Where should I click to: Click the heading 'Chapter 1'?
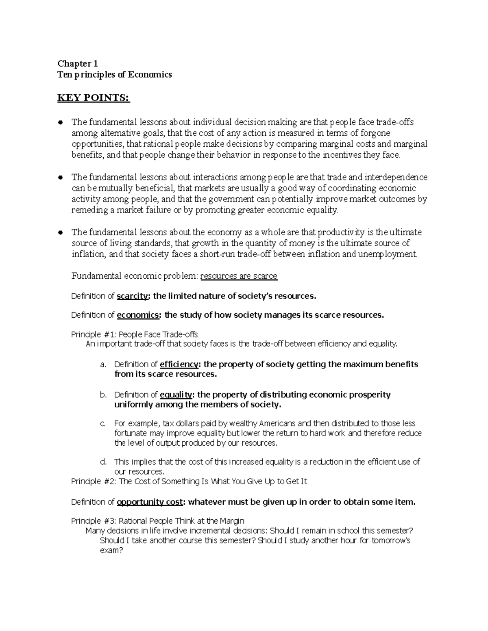click(x=78, y=63)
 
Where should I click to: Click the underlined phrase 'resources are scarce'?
click(x=239, y=276)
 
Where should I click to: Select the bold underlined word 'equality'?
click(x=176, y=395)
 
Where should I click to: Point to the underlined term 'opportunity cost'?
click(x=150, y=502)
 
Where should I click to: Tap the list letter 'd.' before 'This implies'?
click(x=103, y=462)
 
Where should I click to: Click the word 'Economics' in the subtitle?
click(x=150, y=74)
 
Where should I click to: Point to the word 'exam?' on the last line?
click(x=111, y=551)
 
